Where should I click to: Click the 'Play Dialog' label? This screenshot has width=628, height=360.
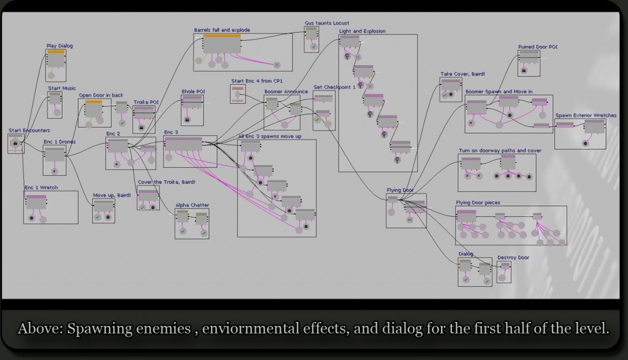point(60,45)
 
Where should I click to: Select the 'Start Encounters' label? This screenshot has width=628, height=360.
point(29,130)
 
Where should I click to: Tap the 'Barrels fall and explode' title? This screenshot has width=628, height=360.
point(221,30)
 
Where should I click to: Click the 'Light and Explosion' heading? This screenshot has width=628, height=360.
point(362,31)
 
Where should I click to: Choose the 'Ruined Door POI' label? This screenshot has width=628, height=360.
point(537,47)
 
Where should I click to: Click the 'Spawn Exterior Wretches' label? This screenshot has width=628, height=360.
point(586,115)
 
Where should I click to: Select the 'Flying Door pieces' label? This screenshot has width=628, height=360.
point(478,202)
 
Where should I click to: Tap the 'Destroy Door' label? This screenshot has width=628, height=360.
point(513,258)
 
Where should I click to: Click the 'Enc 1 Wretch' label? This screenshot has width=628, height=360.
point(40,187)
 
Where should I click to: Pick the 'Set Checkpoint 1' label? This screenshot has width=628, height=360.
point(334,87)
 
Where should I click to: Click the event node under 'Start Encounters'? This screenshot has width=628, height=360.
point(15,144)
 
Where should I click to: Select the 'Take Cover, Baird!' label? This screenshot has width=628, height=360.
point(463,74)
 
